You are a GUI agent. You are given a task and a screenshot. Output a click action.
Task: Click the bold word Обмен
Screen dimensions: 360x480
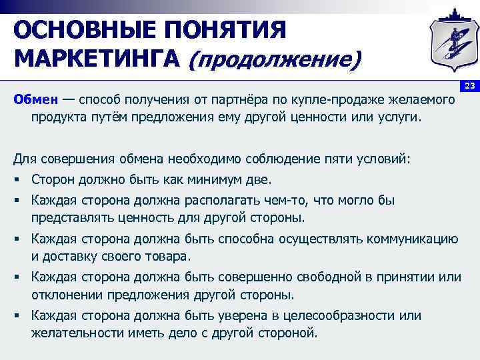point(34,101)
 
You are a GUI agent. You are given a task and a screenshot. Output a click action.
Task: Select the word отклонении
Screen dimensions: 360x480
point(62,295)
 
